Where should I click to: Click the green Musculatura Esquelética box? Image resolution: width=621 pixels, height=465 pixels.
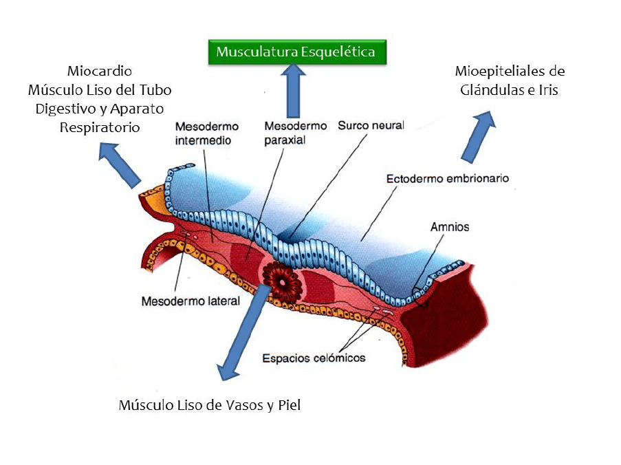296,52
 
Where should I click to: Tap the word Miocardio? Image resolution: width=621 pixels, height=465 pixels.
100,71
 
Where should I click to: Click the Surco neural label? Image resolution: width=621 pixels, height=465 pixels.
370,126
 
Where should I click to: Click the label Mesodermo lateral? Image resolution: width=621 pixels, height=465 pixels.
190,301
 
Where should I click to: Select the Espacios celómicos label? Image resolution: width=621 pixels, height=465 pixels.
314,358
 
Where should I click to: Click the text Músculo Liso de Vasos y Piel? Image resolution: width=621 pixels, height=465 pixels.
209,405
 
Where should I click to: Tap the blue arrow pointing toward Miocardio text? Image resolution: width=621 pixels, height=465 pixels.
120,164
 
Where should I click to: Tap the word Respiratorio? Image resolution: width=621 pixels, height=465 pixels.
100,127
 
